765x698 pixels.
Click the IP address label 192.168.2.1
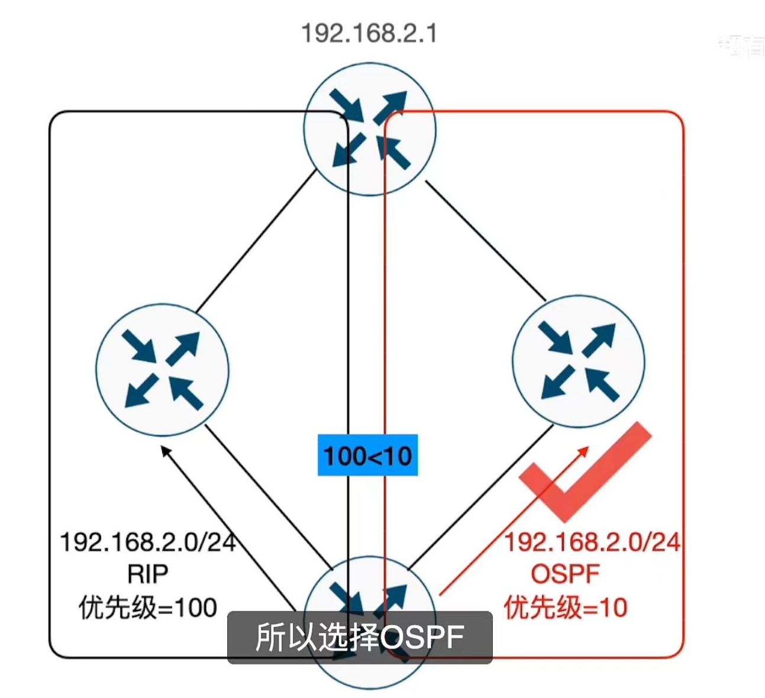coord(369,33)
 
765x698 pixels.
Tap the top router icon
coord(369,129)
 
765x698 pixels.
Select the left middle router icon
coord(162,370)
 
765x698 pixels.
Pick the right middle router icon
coord(578,361)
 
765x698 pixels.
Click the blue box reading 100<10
coord(367,455)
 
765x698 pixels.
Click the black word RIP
coord(148,573)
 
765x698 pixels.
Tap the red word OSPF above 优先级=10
coord(565,573)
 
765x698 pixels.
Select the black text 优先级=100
coord(148,607)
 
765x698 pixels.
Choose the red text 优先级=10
coord(565,607)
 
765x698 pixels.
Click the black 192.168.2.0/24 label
coord(148,542)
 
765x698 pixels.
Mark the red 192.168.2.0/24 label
coord(592,542)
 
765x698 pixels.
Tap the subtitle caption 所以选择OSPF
coord(360,637)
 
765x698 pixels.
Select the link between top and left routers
coord(256,241)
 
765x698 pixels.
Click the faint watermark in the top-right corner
coord(741,46)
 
